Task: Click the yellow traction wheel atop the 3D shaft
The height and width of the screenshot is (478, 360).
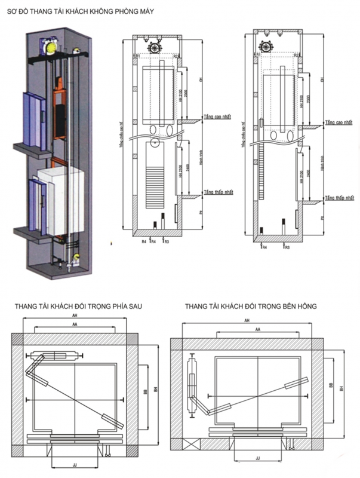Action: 49,45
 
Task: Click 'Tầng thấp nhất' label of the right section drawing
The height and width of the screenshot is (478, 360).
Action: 340,198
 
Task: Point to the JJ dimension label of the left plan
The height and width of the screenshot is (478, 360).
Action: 75,463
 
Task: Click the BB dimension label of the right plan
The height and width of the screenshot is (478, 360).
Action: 331,387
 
